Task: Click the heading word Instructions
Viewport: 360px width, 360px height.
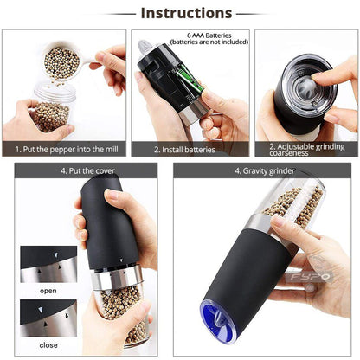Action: [186, 13]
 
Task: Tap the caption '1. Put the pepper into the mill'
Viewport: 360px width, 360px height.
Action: [67, 150]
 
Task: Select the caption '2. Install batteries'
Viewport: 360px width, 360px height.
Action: [184, 150]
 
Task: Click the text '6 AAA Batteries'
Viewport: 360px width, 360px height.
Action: [209, 35]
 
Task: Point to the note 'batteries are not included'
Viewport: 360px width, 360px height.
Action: [209, 42]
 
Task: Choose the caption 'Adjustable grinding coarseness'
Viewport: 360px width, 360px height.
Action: [307, 150]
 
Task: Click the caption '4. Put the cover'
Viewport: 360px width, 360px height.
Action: [87, 171]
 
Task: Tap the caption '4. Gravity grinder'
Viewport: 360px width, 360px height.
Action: [265, 171]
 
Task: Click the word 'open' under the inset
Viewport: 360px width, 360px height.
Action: [48, 291]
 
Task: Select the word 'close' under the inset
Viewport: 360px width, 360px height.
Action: [48, 345]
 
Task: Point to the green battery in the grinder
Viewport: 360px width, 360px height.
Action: [189, 79]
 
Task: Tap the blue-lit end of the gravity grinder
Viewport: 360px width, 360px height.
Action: [219, 321]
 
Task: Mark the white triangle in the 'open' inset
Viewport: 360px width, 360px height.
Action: [55, 255]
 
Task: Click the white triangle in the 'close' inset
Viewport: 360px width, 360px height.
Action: [41, 310]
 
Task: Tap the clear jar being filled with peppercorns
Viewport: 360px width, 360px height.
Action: [54, 106]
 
